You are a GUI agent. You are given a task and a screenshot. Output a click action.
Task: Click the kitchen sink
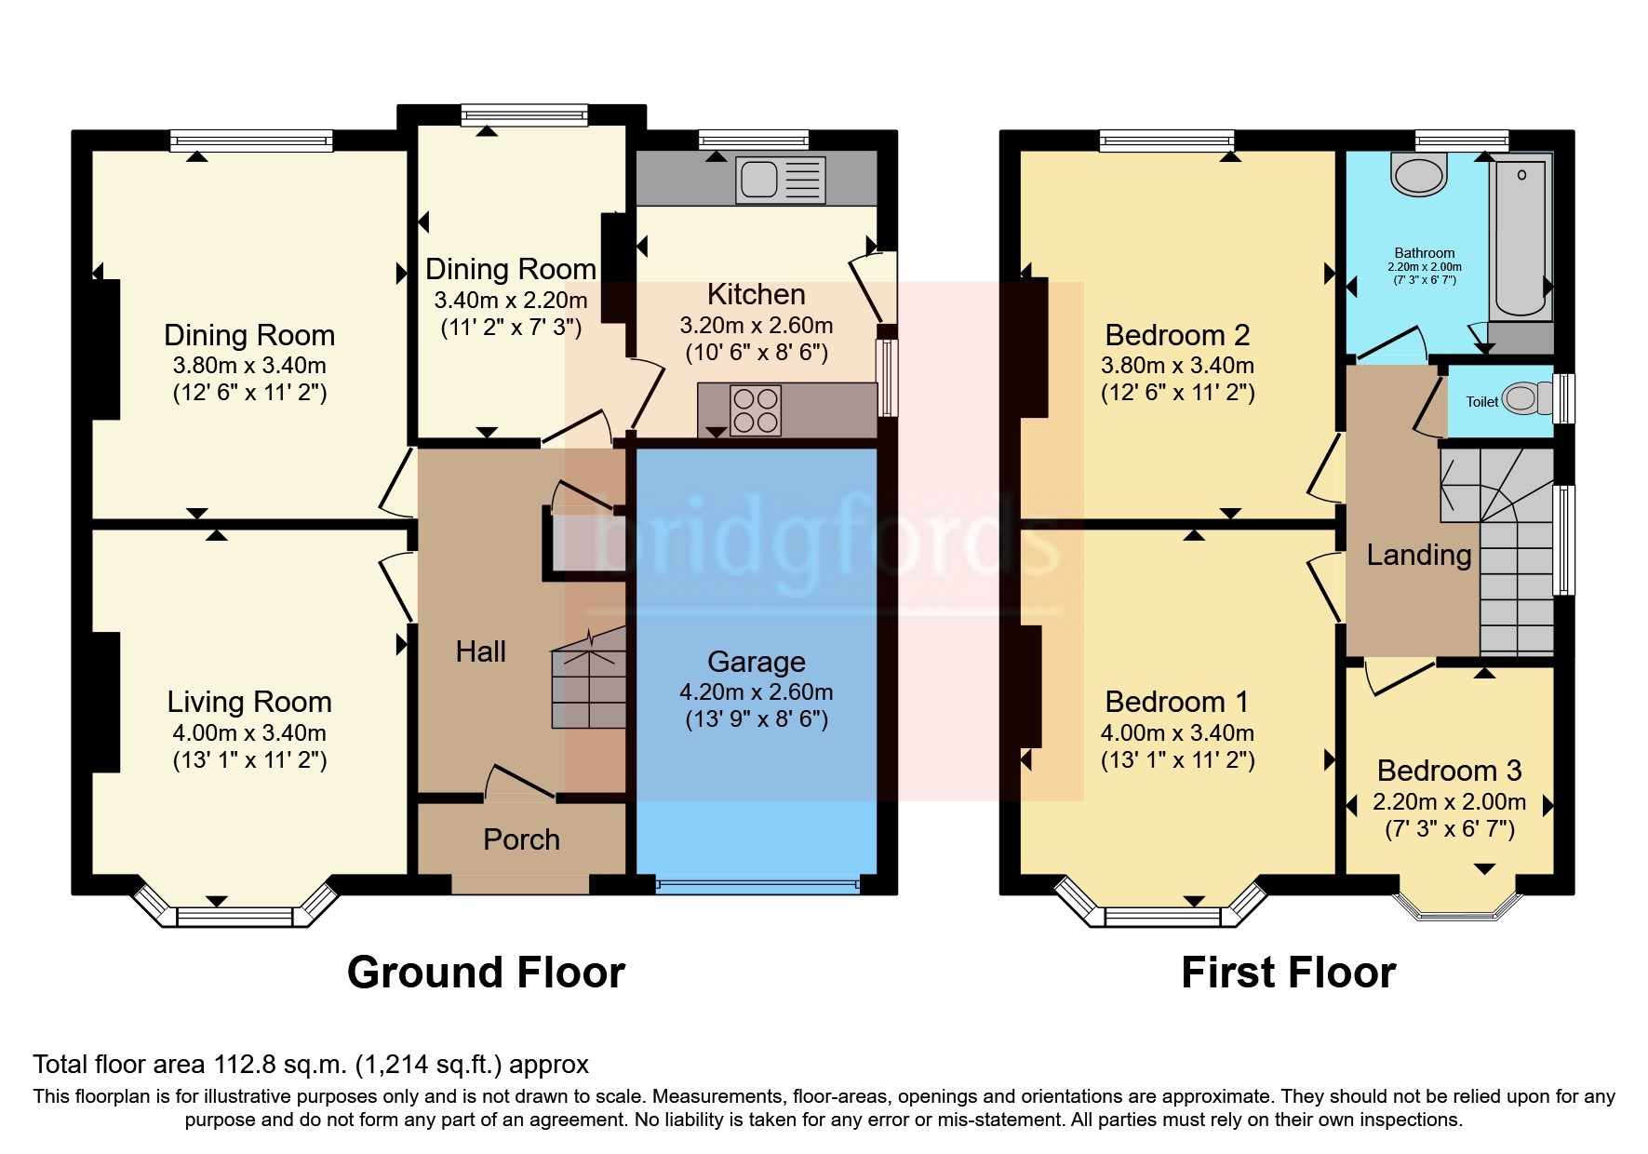click(x=760, y=179)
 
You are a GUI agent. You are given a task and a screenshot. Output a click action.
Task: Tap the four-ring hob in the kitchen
click(x=755, y=410)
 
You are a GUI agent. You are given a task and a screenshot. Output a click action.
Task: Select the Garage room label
click(x=756, y=662)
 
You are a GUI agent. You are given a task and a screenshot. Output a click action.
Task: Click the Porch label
click(x=521, y=839)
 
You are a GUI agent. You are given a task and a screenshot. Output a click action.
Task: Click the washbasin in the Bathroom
click(x=1419, y=176)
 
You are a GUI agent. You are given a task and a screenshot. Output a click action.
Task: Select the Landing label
click(x=1418, y=556)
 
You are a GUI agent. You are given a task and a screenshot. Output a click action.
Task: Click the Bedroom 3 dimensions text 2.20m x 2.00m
click(x=1449, y=802)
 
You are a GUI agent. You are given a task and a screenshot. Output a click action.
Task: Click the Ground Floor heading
click(x=486, y=973)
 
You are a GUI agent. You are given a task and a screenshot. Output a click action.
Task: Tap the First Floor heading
click(x=1288, y=973)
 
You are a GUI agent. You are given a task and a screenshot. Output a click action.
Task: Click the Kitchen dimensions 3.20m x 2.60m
click(x=756, y=326)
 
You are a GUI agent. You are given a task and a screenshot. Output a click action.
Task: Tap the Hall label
click(x=480, y=651)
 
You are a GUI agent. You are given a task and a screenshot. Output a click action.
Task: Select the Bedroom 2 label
click(x=1176, y=335)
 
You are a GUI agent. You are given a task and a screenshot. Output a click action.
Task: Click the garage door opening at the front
click(x=757, y=885)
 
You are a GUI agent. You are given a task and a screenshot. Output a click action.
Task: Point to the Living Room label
click(x=248, y=702)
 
